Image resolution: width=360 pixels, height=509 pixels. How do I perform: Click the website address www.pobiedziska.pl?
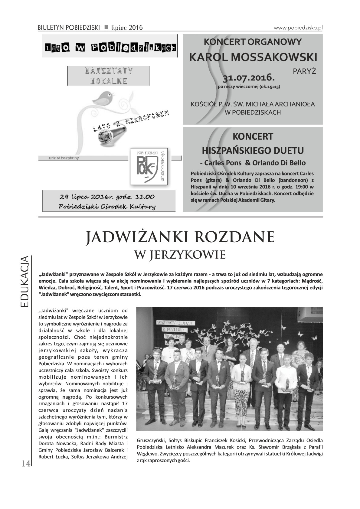[x=298, y=28]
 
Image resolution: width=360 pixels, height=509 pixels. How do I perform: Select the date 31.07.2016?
[x=249, y=78]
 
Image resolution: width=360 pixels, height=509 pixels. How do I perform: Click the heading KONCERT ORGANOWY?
[x=253, y=41]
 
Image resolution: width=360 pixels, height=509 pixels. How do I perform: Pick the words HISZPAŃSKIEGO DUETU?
[x=253, y=150]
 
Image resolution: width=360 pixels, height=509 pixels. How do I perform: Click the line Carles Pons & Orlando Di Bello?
[x=253, y=163]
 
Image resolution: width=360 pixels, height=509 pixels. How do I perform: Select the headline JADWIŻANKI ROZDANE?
[x=180, y=237]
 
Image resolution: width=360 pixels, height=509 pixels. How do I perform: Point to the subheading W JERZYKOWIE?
[x=180, y=254]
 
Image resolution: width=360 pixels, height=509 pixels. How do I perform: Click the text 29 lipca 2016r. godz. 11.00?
[x=107, y=197]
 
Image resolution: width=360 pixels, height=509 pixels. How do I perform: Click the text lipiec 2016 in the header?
[x=127, y=28]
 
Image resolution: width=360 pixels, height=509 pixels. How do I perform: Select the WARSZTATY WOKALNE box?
[x=109, y=76]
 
